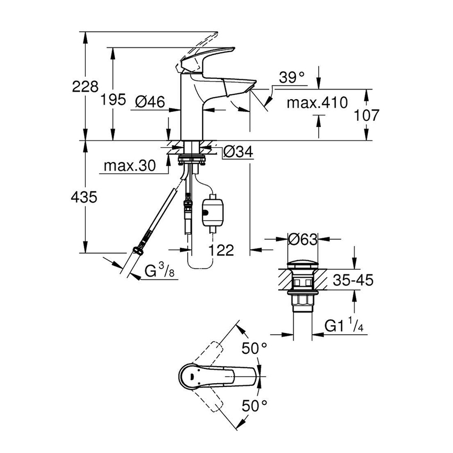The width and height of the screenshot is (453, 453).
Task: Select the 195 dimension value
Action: tap(114, 99)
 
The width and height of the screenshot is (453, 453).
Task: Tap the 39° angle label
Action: tap(292, 78)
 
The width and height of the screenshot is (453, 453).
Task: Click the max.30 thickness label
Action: tap(129, 166)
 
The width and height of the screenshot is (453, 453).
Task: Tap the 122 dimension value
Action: tap(221, 250)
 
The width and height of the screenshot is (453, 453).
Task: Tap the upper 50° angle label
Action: tap(254, 349)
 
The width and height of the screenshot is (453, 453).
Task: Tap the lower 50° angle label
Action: tap(254, 406)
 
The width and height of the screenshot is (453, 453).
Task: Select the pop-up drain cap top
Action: tap(302, 263)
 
